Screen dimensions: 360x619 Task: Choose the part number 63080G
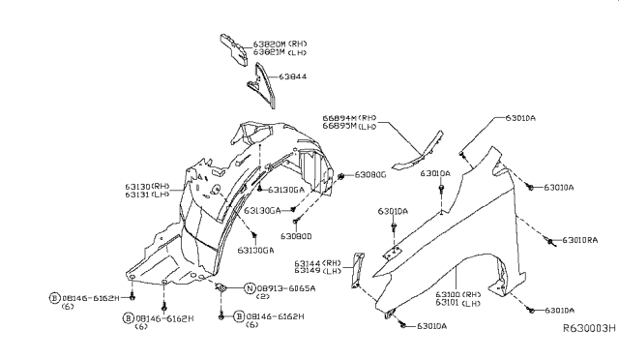click(x=370, y=175)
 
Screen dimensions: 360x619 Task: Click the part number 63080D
click(x=297, y=235)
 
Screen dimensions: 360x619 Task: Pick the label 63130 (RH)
click(x=146, y=186)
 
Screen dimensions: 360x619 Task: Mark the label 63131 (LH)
click(x=146, y=195)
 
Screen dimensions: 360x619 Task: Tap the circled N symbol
click(x=249, y=288)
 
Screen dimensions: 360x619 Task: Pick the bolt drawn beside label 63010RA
click(x=549, y=240)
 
